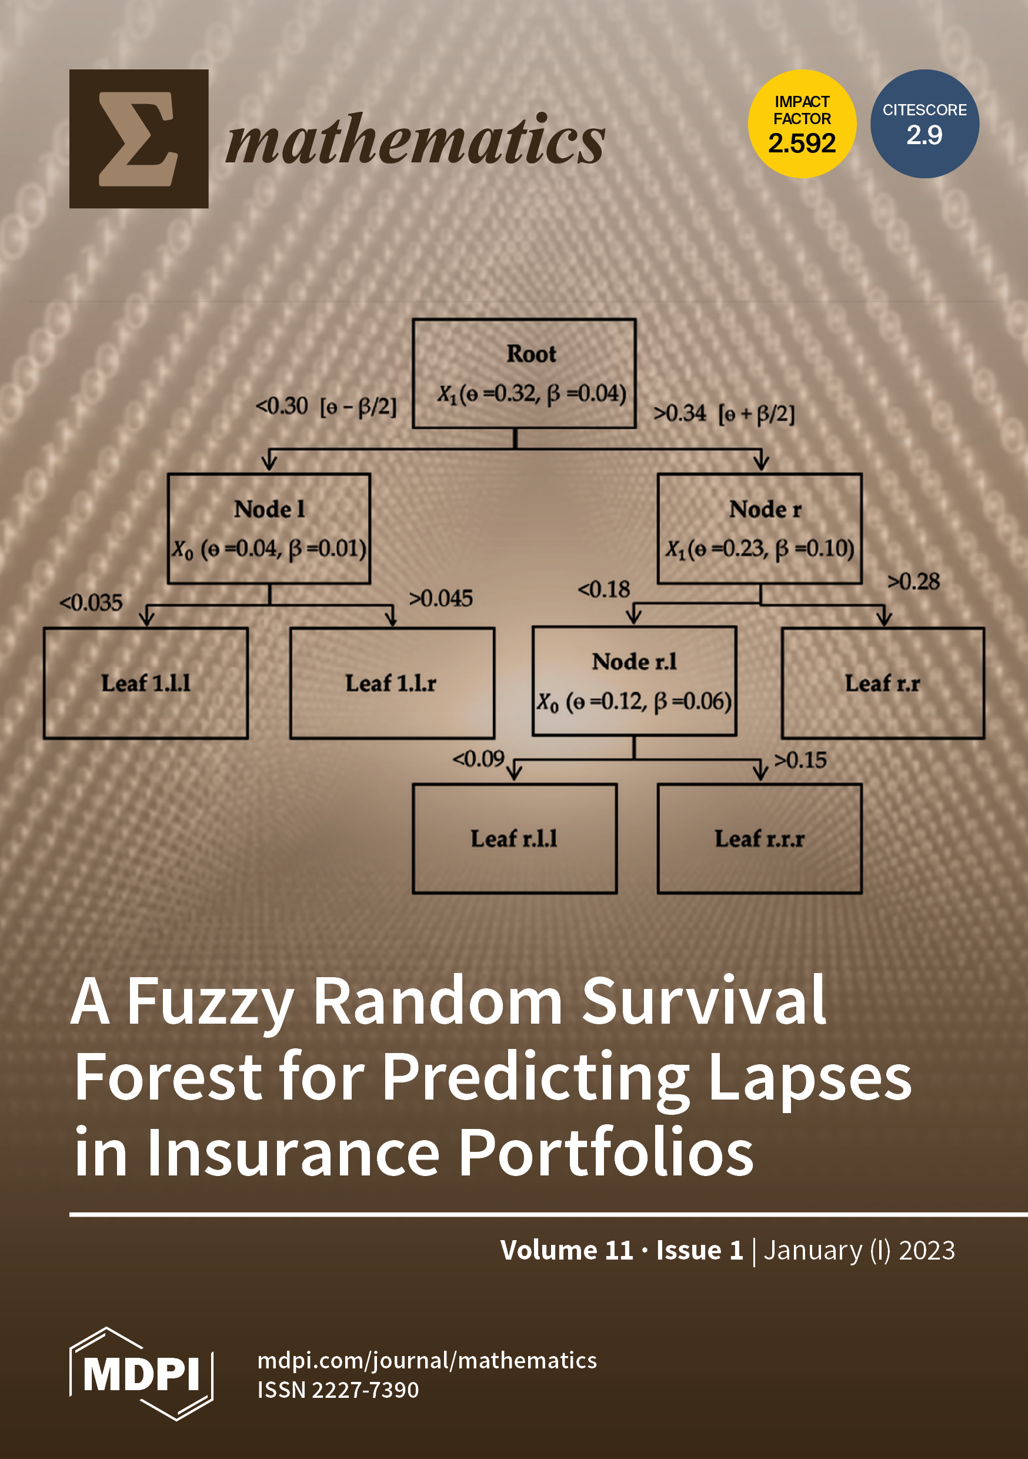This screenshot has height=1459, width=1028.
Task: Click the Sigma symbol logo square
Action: [139, 138]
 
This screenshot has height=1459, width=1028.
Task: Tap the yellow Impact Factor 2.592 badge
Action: [802, 124]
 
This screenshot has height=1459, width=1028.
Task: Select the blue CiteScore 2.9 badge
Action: [924, 124]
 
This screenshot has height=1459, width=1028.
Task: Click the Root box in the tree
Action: [523, 373]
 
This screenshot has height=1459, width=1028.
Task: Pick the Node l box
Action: [269, 528]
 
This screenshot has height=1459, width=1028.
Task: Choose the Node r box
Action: [760, 528]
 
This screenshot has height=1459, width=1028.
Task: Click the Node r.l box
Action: [634, 681]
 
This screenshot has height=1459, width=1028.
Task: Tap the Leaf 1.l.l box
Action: [145, 683]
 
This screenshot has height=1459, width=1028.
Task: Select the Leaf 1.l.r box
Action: [392, 683]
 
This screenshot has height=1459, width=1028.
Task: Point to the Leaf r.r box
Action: [883, 683]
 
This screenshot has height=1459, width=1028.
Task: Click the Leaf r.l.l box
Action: [515, 838]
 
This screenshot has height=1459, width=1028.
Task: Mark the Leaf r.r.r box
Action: [760, 838]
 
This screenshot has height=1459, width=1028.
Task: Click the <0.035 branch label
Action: [91, 602]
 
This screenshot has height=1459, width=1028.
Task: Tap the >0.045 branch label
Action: [441, 598]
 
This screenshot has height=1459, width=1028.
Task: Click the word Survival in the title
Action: [704, 1002]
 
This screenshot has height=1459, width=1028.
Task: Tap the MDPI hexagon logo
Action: [141, 1374]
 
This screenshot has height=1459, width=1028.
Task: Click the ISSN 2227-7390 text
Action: [338, 1390]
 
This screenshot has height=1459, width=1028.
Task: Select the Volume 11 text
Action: [566, 1250]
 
